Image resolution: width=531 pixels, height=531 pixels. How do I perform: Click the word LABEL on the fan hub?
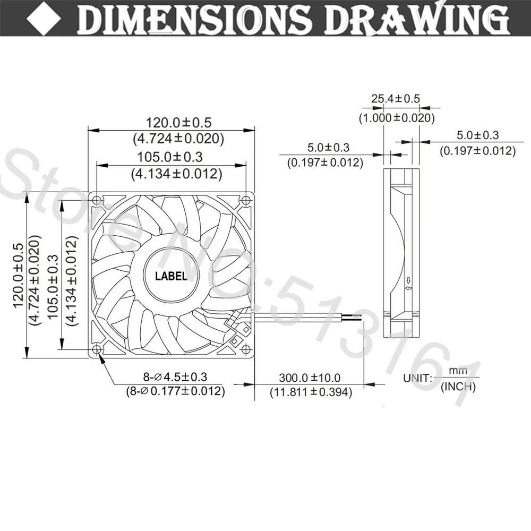(171, 276)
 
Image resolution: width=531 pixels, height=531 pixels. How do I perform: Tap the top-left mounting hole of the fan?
(97, 200)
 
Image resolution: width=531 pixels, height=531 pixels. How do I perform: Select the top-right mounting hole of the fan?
(246, 200)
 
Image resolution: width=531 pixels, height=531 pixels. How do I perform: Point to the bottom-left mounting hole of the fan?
(97, 349)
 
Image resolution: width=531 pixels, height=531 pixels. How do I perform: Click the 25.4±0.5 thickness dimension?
(396, 99)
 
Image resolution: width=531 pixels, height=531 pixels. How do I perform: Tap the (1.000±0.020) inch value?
(397, 117)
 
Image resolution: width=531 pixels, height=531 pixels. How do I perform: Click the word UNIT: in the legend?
(417, 378)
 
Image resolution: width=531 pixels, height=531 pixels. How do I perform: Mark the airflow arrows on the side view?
(408, 284)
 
